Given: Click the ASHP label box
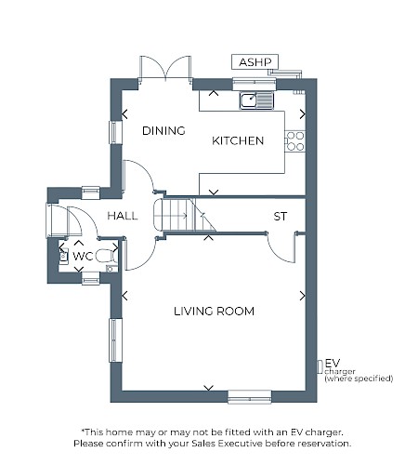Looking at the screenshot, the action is coord(255,62).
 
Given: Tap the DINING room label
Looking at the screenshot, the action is coord(163,131).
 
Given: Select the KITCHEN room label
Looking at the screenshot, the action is coord(238,140).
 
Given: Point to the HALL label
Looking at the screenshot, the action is coord(123,216).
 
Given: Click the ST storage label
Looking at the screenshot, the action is coord(281,217).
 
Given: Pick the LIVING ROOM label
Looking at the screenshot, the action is coord(214,312).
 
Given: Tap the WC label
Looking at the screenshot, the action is coord(83,257).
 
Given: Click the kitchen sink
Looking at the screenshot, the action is coord(256,100).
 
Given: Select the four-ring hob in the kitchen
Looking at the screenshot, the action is coord(295,141).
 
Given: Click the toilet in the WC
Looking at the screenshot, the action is coord(107,257).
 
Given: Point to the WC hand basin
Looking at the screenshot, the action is coord(63,257).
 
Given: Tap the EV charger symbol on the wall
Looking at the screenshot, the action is coord(320,366).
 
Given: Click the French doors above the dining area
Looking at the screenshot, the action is coord(165,69).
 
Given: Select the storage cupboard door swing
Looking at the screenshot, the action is coord(281,247).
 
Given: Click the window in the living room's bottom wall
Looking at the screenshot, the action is coord(250,397).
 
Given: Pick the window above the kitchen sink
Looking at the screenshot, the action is coord(255,83).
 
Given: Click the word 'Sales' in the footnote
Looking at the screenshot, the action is coord(203,444).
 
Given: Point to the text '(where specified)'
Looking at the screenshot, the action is coord(359,379).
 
